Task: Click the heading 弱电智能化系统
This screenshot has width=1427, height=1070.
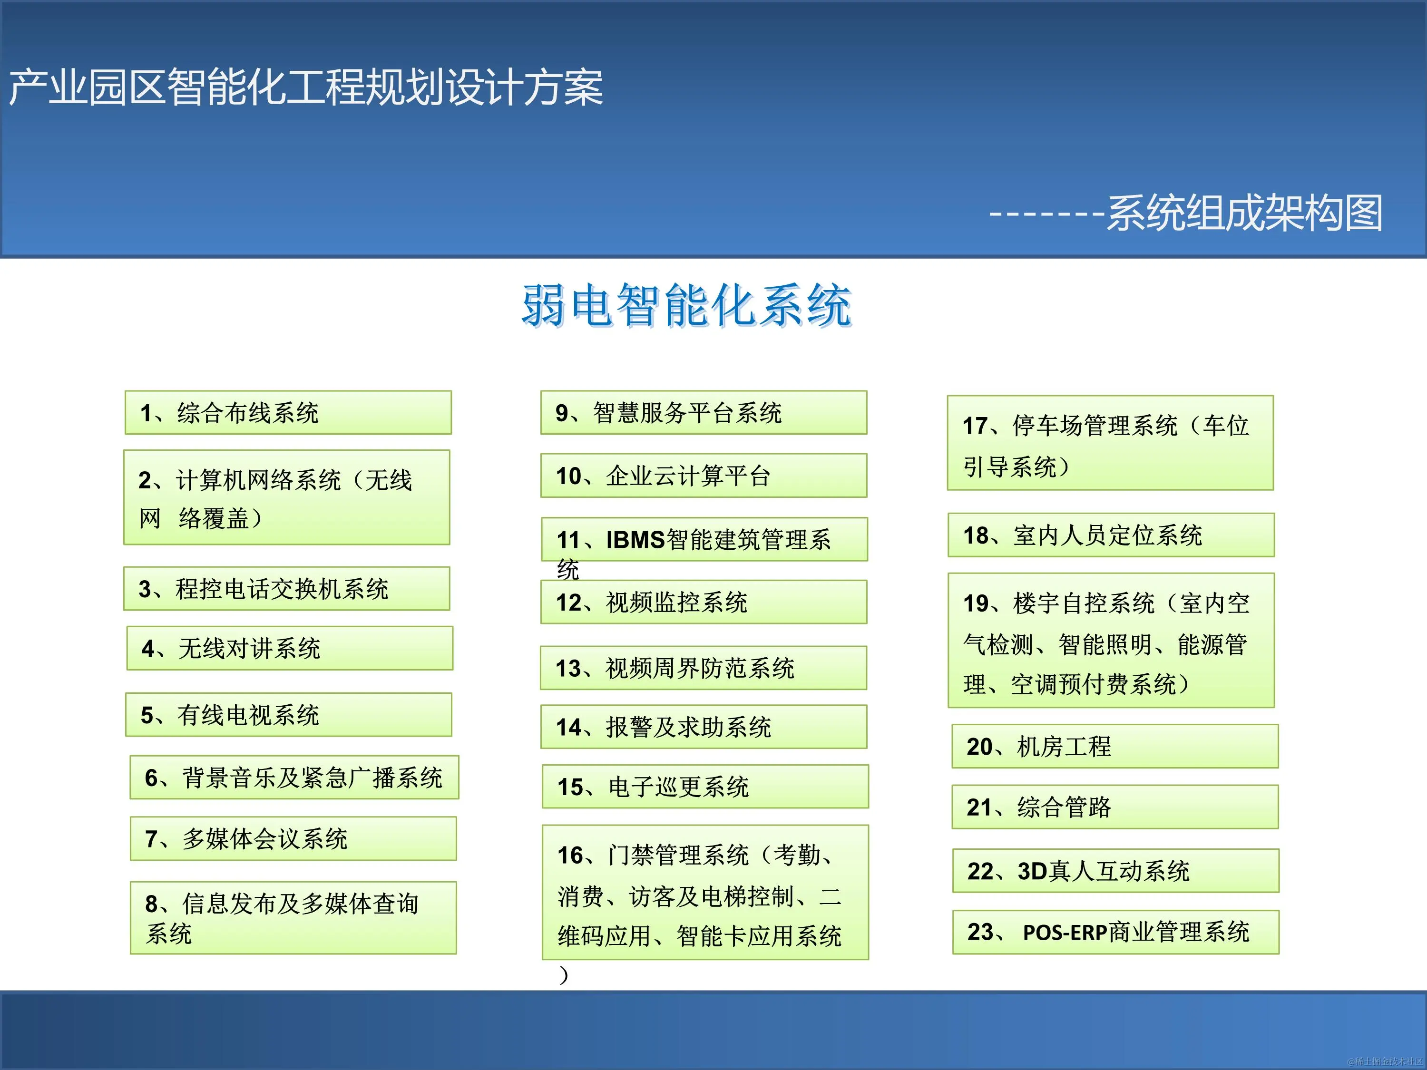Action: pyautogui.click(x=686, y=305)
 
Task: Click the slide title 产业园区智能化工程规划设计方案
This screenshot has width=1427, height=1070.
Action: pyautogui.click(x=306, y=88)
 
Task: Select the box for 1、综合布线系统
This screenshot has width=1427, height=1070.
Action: pyautogui.click(x=288, y=413)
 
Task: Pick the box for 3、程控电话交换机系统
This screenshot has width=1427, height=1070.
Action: pyautogui.click(x=286, y=589)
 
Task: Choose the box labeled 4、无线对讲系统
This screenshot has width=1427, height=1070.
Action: pyautogui.click(x=290, y=648)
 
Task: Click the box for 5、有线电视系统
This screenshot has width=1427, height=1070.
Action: pyautogui.click(x=288, y=715)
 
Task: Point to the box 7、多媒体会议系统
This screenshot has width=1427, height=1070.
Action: pyautogui.click(x=293, y=838)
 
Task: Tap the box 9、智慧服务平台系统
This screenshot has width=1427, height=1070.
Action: pyautogui.click(x=703, y=413)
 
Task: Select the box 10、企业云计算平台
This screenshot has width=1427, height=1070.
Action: pyautogui.click(x=703, y=476)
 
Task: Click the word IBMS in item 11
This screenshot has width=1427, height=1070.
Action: pyautogui.click(x=635, y=540)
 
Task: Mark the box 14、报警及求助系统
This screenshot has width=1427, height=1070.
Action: pyautogui.click(x=703, y=727)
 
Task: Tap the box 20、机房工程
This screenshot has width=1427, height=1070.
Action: pyautogui.click(x=1115, y=746)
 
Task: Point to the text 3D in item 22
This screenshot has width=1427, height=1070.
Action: pyautogui.click(x=1032, y=871)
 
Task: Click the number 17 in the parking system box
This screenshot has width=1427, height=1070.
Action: pyautogui.click(x=975, y=426)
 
